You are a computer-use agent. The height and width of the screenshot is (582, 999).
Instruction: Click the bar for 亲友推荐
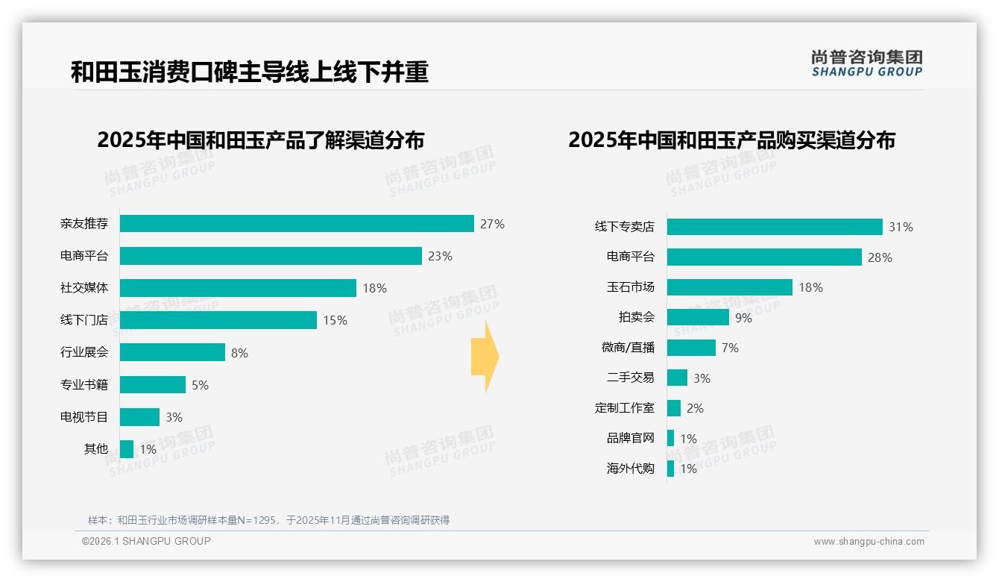coord(297,224)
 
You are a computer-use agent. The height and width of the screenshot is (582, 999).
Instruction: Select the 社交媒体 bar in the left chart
coord(238,288)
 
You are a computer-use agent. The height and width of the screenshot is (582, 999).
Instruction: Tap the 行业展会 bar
coord(172,352)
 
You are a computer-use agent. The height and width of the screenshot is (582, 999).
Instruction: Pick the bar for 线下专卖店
coord(775,227)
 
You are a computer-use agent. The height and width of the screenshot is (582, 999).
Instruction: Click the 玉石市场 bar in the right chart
coord(729,287)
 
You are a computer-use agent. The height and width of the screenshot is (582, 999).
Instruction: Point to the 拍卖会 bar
coord(698,317)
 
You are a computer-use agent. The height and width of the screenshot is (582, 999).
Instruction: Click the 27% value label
coord(492,224)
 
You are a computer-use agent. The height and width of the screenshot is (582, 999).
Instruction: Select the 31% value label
coord(901,227)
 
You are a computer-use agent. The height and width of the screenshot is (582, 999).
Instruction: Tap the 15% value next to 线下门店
coord(335,320)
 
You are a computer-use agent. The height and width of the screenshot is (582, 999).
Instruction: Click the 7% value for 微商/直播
coord(730,348)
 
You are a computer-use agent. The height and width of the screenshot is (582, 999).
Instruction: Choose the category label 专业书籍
coord(84,385)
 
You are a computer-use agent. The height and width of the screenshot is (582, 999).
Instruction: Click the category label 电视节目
coord(84,417)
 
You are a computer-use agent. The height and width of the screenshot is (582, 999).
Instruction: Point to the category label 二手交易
coord(630,378)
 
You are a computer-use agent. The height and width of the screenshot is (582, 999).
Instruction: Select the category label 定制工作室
coord(624,408)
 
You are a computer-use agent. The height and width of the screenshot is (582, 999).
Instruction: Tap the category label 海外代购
coord(630,469)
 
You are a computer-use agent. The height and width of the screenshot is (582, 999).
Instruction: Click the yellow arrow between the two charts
coord(485,357)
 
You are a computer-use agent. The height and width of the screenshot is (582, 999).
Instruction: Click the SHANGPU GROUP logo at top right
coord(866,63)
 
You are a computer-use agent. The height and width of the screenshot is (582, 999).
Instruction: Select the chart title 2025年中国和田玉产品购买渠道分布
coord(731,140)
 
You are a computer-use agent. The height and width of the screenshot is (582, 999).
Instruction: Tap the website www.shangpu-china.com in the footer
coord(869,542)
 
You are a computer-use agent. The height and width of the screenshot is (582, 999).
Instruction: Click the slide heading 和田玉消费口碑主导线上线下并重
coord(250,72)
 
